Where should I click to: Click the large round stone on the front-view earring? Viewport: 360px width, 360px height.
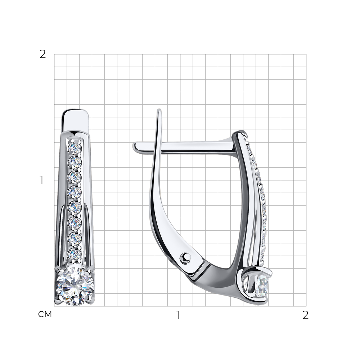[75, 286]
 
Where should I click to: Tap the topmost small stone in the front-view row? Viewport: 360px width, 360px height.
[75, 148]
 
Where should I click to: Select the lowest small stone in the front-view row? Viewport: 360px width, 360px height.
[75, 254]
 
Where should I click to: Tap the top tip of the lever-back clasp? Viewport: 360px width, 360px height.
[159, 109]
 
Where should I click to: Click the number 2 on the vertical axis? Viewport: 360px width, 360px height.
[43, 54]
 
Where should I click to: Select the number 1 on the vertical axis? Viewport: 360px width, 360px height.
[41, 180]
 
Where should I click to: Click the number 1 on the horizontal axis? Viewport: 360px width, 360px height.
[178, 315]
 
